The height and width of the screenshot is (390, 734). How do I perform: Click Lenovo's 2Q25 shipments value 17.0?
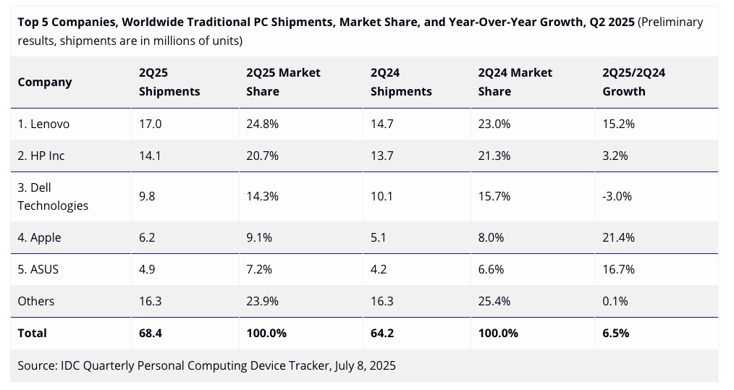point(150,124)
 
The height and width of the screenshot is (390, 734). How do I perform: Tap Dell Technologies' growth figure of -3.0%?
point(617,196)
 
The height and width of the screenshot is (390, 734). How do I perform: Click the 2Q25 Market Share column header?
point(283,82)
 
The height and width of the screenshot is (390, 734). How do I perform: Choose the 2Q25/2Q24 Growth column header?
point(633,82)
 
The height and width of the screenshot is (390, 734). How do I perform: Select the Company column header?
point(45,82)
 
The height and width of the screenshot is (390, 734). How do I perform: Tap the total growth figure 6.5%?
point(615,333)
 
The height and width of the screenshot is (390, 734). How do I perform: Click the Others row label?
point(36,301)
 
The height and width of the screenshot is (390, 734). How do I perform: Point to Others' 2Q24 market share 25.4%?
point(495,301)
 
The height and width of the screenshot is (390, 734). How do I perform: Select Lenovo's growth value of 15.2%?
point(618,124)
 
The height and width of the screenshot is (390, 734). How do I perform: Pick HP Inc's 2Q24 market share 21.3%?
point(495,156)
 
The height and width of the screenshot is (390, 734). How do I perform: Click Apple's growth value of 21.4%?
point(618,237)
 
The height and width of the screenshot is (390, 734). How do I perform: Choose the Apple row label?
point(39,237)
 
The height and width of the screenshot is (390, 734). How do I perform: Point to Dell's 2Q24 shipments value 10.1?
point(381,196)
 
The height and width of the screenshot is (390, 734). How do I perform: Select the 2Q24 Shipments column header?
point(401,82)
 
